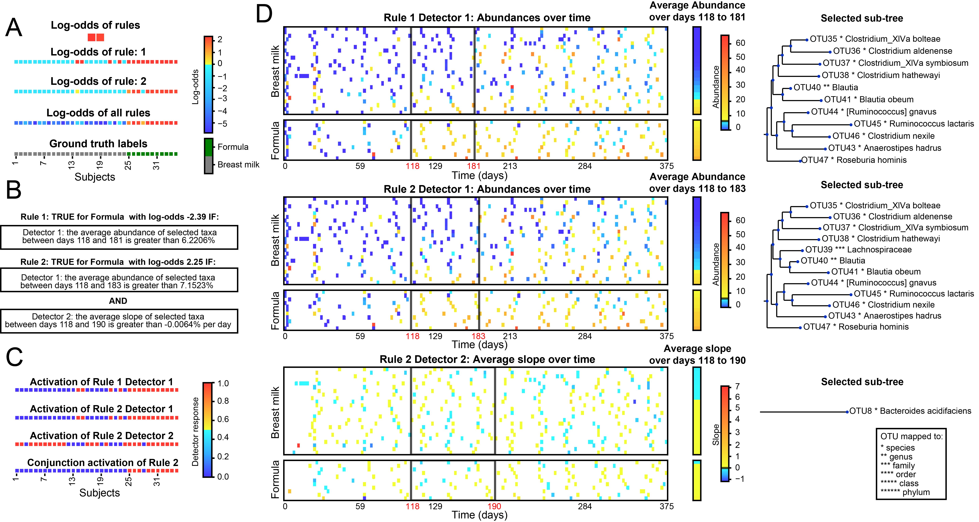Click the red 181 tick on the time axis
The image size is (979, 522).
[x=473, y=166]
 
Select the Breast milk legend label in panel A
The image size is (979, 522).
[x=238, y=165]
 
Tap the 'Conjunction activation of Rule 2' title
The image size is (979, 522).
[x=103, y=463]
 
